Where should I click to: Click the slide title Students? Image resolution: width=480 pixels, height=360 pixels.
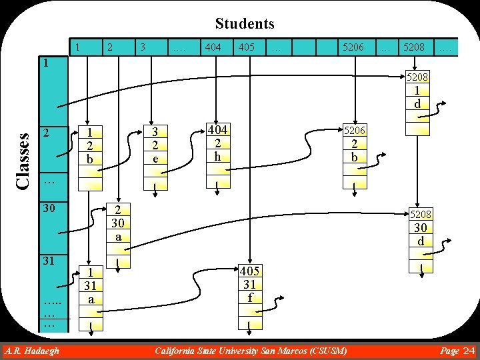coord(245,24)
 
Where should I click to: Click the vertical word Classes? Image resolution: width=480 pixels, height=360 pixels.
coord(23,161)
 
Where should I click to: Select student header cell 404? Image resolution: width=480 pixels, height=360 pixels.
coord(213,47)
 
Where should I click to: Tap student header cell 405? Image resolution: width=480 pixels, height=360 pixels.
coord(246,47)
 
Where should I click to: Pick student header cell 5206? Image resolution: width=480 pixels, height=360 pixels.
coord(353,47)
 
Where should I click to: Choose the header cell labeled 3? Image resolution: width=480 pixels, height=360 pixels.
coord(142,47)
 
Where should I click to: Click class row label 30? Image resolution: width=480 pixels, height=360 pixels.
coord(49,209)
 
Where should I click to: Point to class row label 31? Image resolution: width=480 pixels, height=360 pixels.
coord(49,261)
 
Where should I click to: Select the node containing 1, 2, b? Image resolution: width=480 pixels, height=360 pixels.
coord(89,146)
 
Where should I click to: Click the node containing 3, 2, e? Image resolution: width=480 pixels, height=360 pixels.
coord(155,146)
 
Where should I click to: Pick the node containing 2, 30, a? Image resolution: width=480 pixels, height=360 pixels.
coord(118,223)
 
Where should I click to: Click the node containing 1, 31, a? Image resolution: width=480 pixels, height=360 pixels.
coord(90,286)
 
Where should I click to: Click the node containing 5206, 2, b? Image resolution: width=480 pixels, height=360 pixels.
coord(354,144)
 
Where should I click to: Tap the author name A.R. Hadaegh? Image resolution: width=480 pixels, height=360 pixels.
coord(31,351)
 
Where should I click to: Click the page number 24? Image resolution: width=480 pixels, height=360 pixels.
coord(468,351)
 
